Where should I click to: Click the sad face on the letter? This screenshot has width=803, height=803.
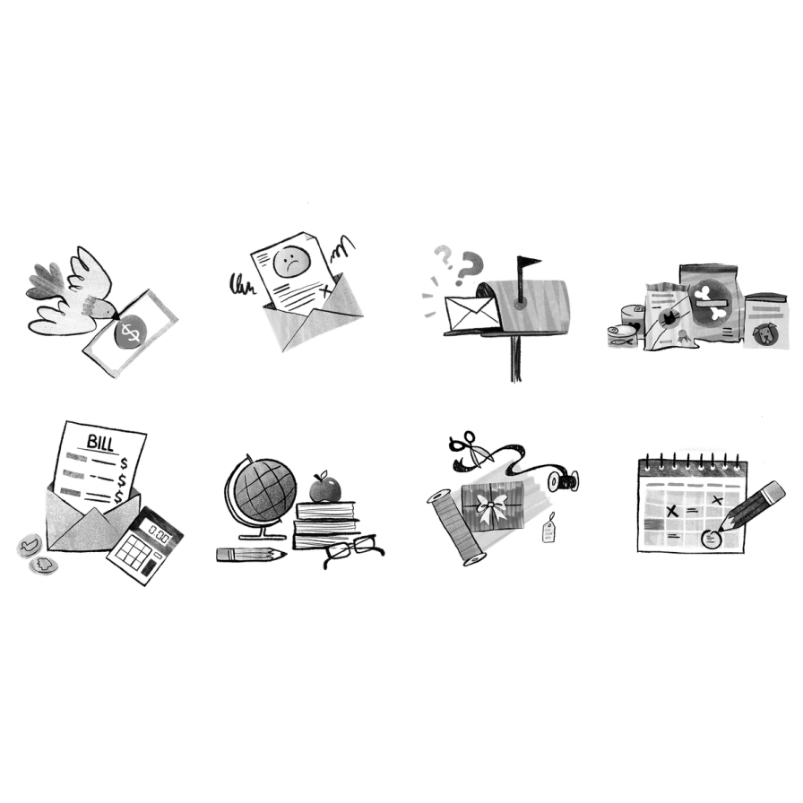(x=291, y=260)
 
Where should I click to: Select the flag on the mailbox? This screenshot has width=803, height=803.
(x=528, y=263)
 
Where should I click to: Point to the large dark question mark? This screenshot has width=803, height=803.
(x=469, y=267)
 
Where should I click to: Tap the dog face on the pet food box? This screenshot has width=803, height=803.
(x=765, y=333)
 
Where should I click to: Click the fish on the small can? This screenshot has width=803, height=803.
(x=621, y=340)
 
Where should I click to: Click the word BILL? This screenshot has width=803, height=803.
(x=99, y=443)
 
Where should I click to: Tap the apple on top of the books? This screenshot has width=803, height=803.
(x=325, y=488)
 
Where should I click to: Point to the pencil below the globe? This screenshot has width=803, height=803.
(x=251, y=555)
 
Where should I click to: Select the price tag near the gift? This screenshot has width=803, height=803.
(x=548, y=530)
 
